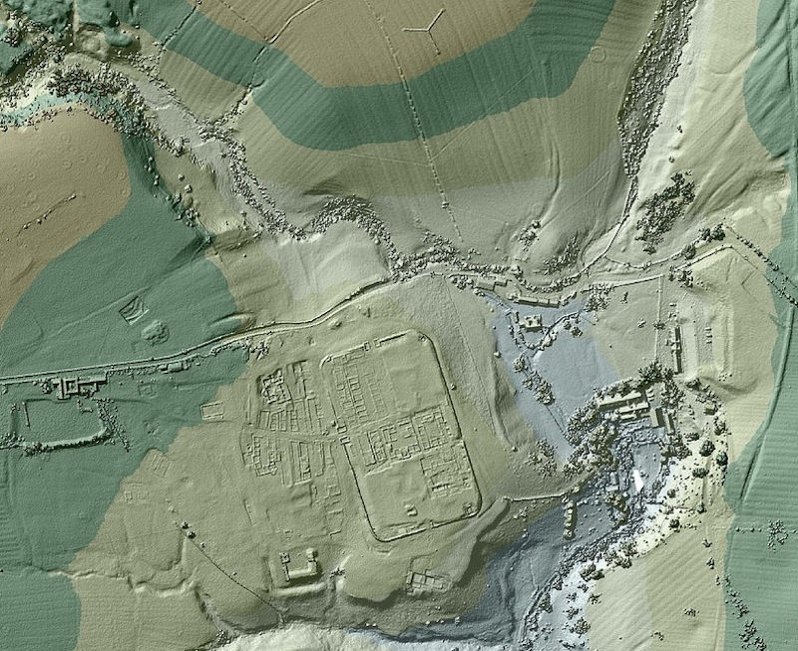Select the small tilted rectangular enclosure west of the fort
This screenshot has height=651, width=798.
point(131,313)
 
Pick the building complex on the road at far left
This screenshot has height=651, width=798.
point(76,386)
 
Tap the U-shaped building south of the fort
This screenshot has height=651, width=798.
point(297,572)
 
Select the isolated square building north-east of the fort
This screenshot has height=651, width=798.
point(530,323)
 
